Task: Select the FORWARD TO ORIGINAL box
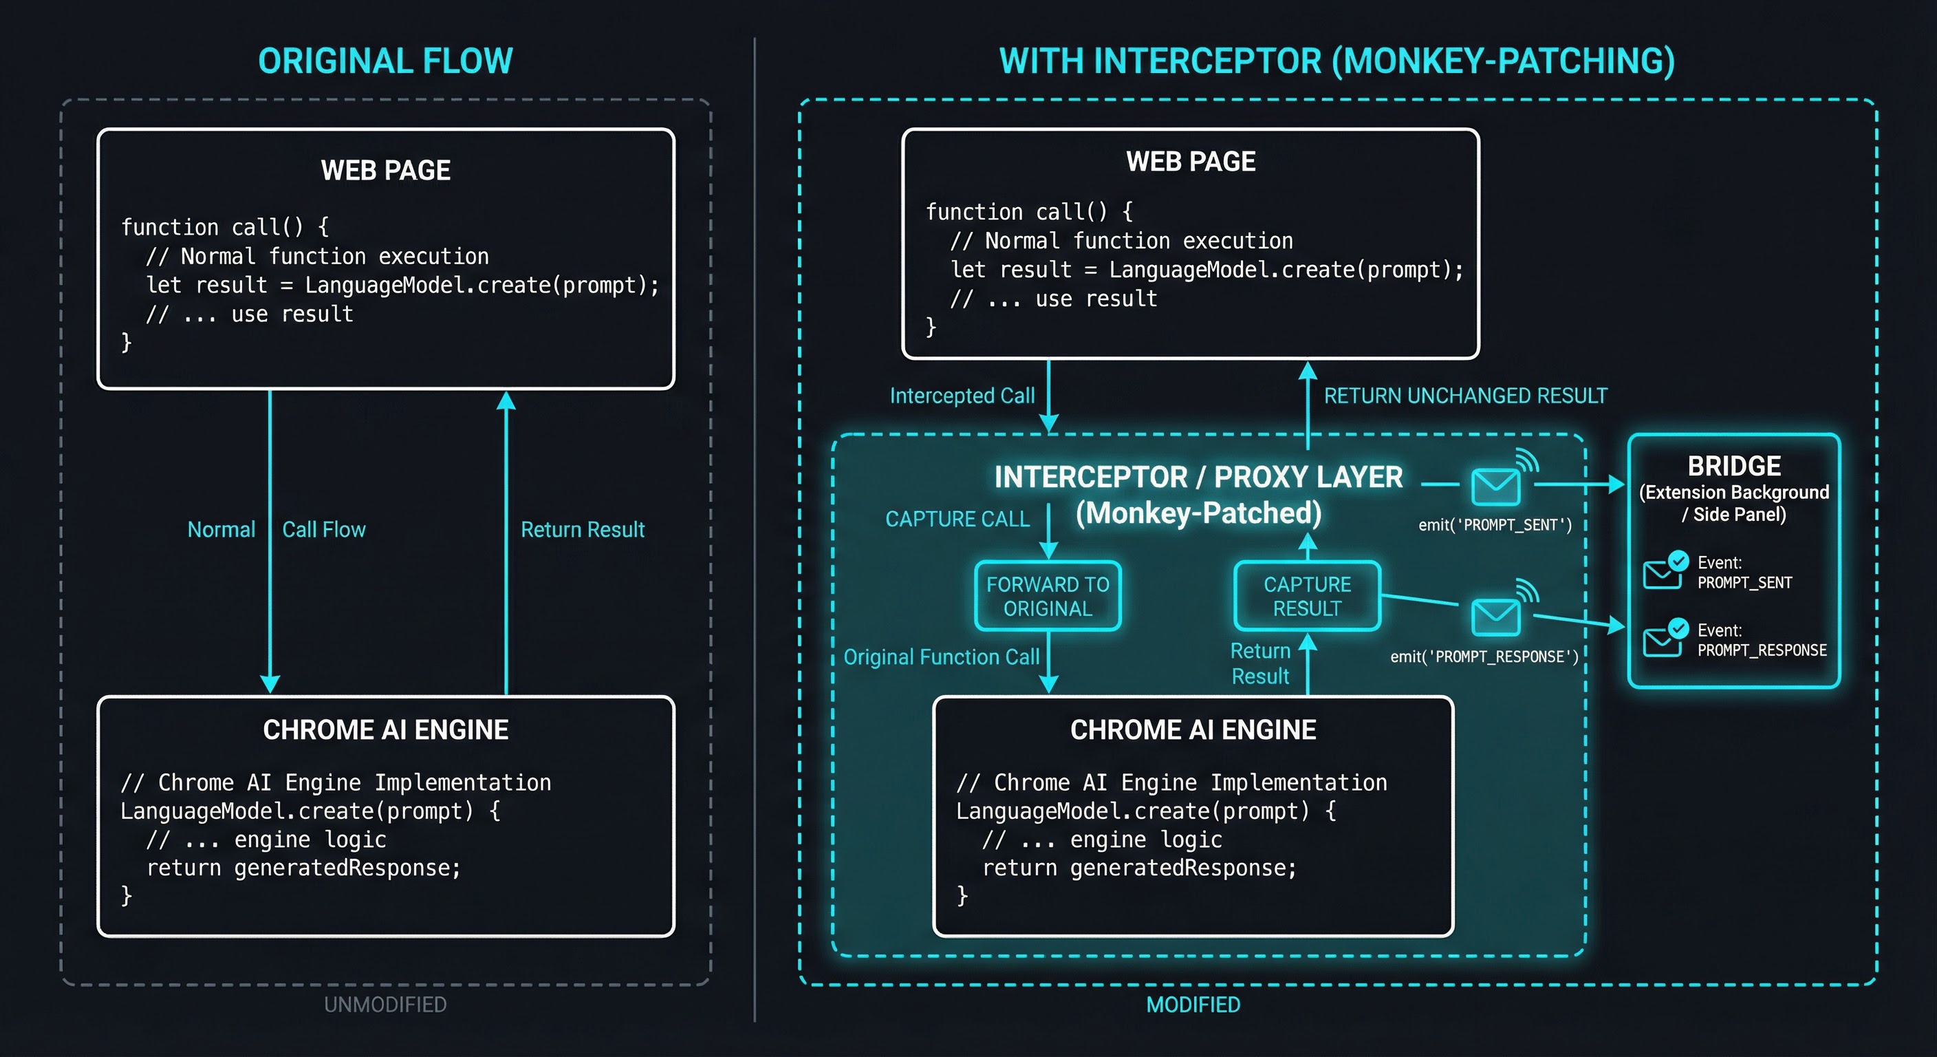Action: (x=1048, y=596)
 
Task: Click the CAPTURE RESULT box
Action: (x=1307, y=596)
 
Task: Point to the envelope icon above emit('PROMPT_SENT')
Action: (x=1495, y=486)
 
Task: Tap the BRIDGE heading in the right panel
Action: (x=1734, y=466)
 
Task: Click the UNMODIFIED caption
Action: (x=385, y=1004)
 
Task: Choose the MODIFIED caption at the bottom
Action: (x=1193, y=1004)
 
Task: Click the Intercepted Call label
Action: (x=962, y=396)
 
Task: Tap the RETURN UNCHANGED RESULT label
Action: (x=1464, y=396)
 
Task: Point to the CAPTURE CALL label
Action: (x=957, y=519)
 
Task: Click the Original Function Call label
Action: (x=942, y=656)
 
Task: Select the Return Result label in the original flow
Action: (x=582, y=530)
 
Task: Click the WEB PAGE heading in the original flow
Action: (x=385, y=170)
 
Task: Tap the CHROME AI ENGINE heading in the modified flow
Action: (x=1193, y=729)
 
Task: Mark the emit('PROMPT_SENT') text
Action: (x=1495, y=525)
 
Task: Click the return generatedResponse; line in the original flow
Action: (x=303, y=868)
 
